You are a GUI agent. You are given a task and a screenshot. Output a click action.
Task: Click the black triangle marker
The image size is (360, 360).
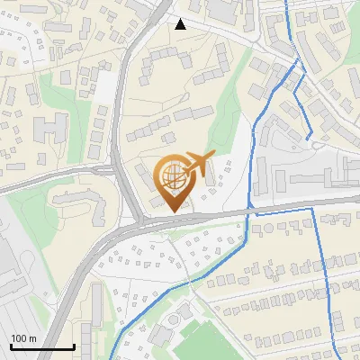click(x=181, y=24)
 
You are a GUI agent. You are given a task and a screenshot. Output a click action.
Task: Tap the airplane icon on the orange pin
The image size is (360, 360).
click(x=197, y=165)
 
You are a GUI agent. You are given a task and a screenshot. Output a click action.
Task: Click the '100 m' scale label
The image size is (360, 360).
click(x=23, y=338)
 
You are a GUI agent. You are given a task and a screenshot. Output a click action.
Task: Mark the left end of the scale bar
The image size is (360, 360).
click(x=10, y=346)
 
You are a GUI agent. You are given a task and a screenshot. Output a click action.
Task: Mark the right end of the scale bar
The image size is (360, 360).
click(x=75, y=346)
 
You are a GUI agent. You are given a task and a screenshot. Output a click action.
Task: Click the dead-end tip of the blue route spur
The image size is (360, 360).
click(x=310, y=139)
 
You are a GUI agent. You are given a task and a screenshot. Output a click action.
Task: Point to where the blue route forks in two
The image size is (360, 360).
click(x=296, y=63)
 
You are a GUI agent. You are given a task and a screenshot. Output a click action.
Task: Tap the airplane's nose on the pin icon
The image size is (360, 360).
click(x=213, y=156)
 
